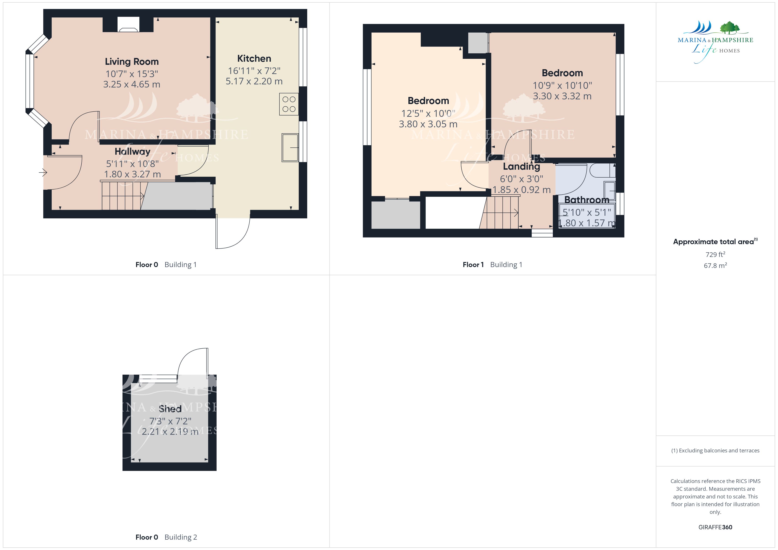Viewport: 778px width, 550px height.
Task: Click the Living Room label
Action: tap(132, 62)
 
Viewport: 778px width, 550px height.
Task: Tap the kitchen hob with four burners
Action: tap(289, 104)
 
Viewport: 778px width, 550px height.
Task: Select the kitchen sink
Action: tap(290, 148)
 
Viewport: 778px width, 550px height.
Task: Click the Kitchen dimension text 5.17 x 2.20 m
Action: tap(254, 81)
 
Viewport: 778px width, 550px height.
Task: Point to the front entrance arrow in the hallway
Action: tap(43, 173)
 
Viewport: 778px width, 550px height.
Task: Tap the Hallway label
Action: tap(133, 151)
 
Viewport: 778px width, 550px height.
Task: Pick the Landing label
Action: tap(522, 166)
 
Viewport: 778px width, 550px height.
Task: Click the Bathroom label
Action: tap(587, 200)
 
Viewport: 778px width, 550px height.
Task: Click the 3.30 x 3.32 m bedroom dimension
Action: tap(562, 96)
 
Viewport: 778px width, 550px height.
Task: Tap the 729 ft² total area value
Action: tap(715, 254)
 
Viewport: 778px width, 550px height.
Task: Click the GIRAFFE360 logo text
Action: tap(715, 527)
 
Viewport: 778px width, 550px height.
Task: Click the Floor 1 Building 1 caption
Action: tap(492, 265)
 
